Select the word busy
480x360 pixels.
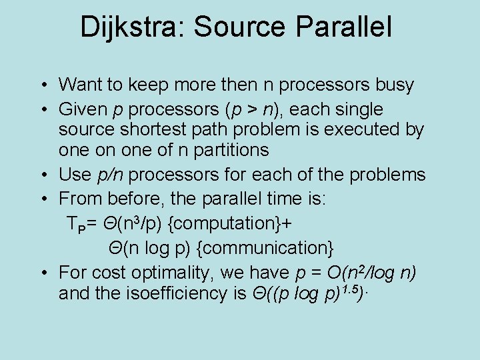click(x=393, y=85)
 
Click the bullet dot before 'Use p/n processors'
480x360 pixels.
click(x=42, y=175)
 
